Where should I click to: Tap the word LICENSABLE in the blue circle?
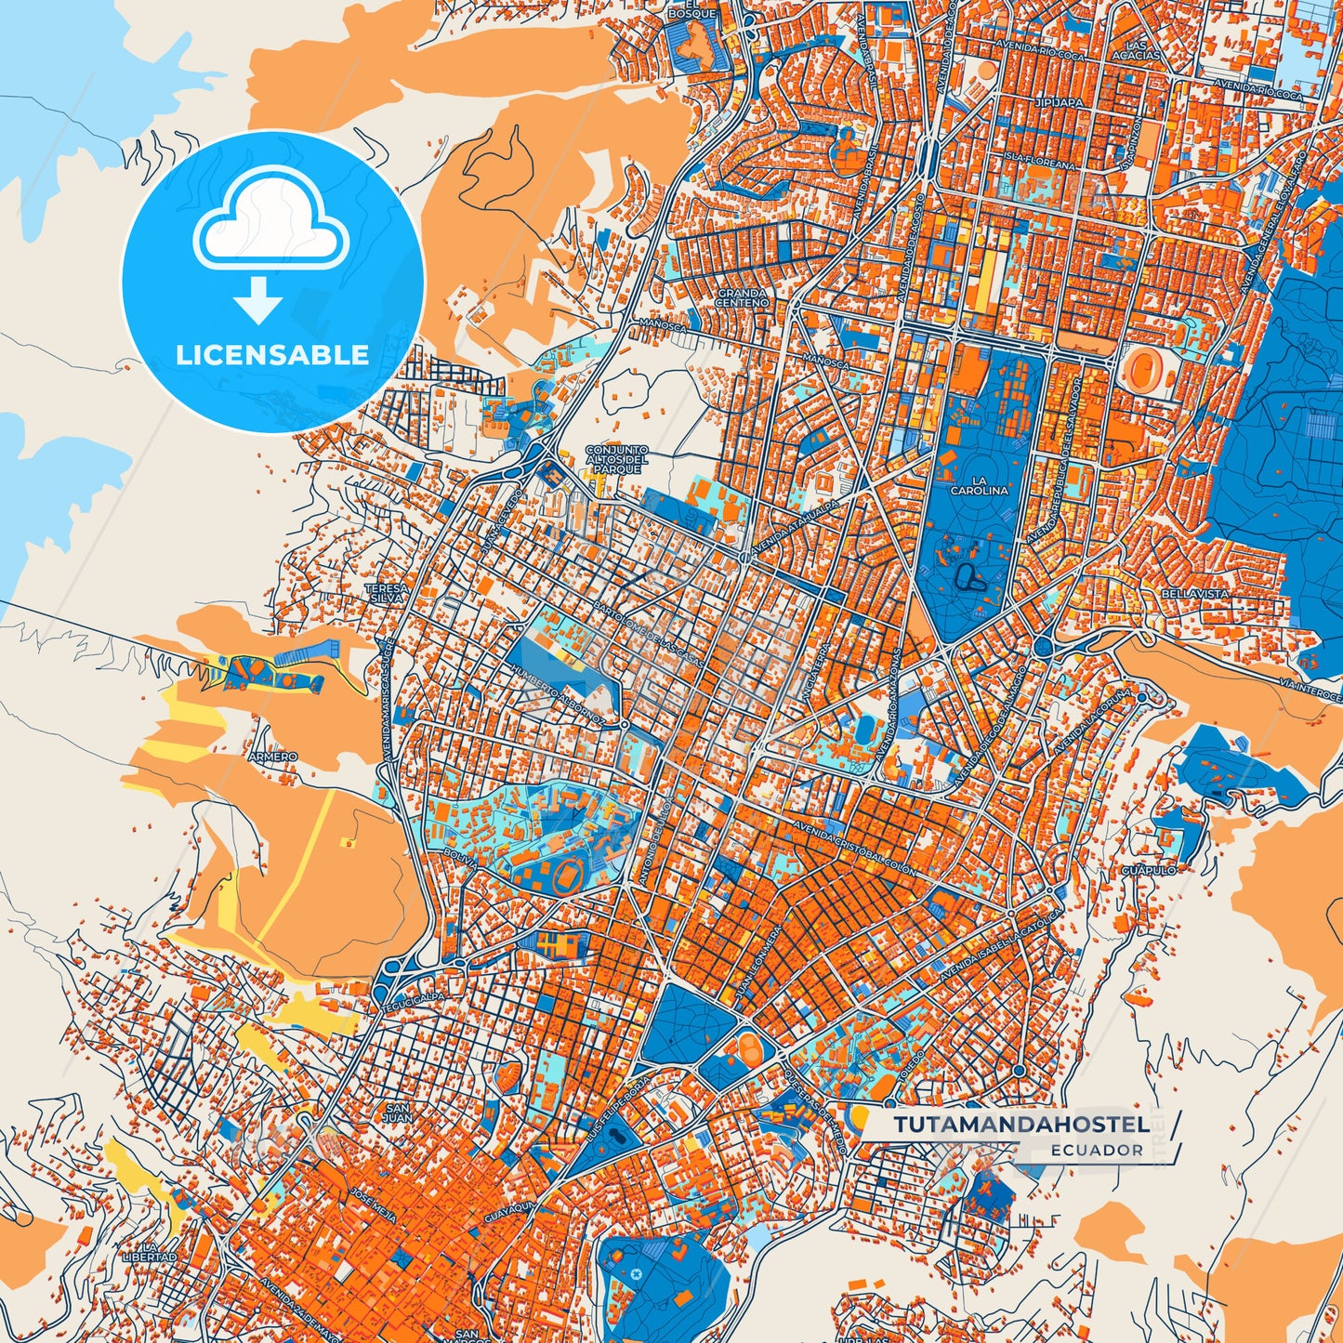tap(272, 355)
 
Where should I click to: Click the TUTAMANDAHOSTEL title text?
tap(1020, 1125)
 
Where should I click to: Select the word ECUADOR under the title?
tap(1097, 1150)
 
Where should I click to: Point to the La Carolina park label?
tap(979, 485)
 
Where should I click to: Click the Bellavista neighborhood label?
tap(1194, 593)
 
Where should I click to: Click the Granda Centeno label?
tap(742, 298)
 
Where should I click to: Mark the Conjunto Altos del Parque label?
tap(616, 459)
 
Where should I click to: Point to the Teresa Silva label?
tap(387, 594)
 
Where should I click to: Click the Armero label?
tap(273, 757)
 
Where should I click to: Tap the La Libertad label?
tap(149, 1251)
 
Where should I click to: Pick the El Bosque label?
tap(692, 9)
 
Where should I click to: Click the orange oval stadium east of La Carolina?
tap(1140, 369)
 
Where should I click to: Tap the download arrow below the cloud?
tap(257, 299)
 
